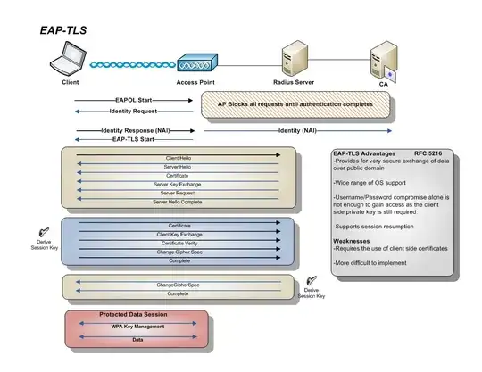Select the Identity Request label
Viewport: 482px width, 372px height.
(133, 112)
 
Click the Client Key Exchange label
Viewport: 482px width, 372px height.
(179, 234)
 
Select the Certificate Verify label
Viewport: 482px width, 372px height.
(179, 243)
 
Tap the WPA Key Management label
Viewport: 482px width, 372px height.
(137, 327)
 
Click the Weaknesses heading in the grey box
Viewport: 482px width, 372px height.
(353, 241)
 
